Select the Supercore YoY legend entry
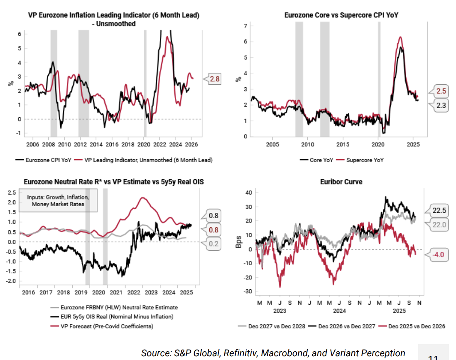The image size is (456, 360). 365,160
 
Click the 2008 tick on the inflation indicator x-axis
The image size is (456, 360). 48,144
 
